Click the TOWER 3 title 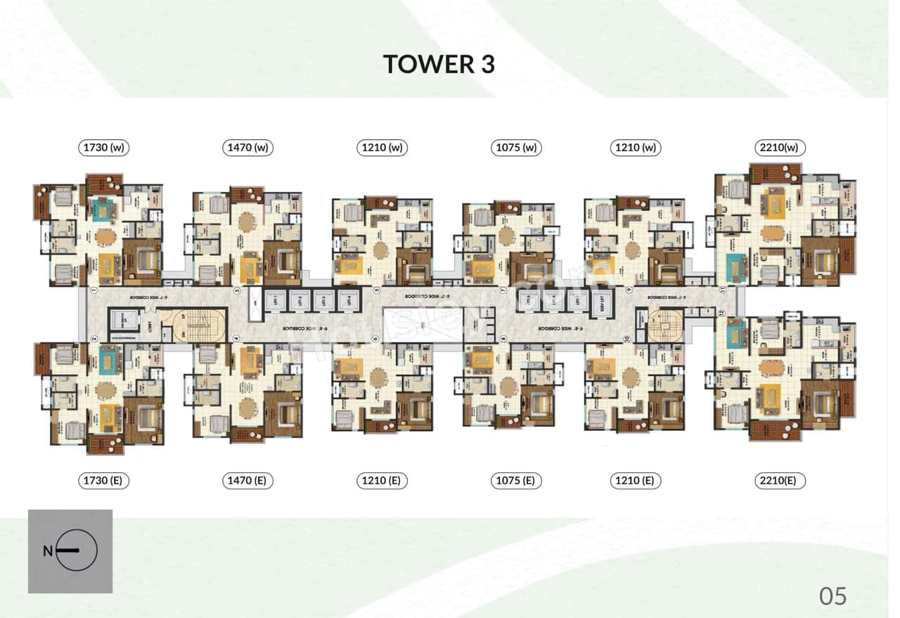[x=439, y=64]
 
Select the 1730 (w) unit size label [x=105, y=148]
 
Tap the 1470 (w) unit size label [x=249, y=148]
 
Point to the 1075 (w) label [x=517, y=148]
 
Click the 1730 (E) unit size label [x=105, y=481]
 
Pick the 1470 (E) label [x=249, y=481]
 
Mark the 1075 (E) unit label [x=517, y=481]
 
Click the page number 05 [x=833, y=596]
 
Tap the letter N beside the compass [x=47, y=551]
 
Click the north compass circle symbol [x=77, y=551]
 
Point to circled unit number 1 [x=93, y=290]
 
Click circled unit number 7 [x=503, y=290]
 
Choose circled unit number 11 [x=722, y=290]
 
